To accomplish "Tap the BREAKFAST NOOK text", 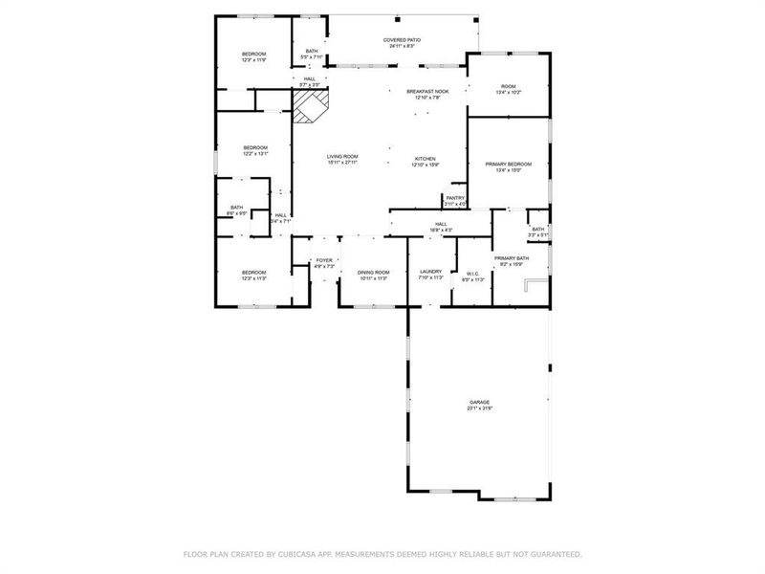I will click(x=426, y=91).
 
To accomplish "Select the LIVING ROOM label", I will click(x=341, y=157).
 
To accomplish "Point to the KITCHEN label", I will click(x=425, y=159).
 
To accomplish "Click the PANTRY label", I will click(x=454, y=199).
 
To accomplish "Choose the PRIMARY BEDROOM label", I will click(x=508, y=165).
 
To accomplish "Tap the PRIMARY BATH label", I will click(x=511, y=258).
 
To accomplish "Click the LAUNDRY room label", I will click(x=431, y=272).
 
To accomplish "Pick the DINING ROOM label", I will click(x=373, y=273).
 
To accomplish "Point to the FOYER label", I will click(x=324, y=260).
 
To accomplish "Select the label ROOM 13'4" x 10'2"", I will click(x=508, y=87).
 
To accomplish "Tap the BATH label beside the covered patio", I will click(x=312, y=52).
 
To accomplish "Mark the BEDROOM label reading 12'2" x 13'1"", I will click(x=254, y=147).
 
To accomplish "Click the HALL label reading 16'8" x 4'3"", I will click(x=441, y=224).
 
